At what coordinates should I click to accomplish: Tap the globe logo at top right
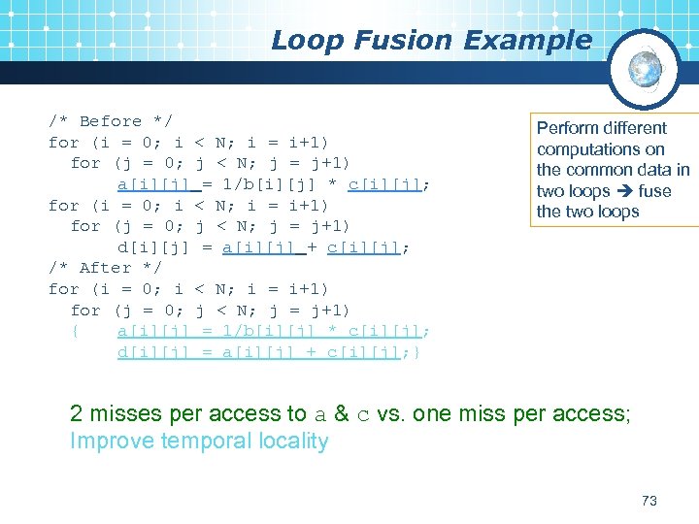click(644, 69)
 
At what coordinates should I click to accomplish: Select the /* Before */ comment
click(111, 121)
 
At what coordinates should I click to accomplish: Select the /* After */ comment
click(105, 268)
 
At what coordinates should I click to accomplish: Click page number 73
click(649, 501)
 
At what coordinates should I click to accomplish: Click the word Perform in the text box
click(569, 128)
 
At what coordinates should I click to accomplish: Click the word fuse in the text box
click(654, 191)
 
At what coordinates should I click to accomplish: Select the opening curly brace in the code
click(75, 331)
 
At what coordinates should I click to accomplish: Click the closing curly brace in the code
click(416, 352)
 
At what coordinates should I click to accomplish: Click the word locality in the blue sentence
click(294, 442)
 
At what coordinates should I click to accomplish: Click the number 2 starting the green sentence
click(76, 414)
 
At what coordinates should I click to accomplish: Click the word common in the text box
click(601, 170)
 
